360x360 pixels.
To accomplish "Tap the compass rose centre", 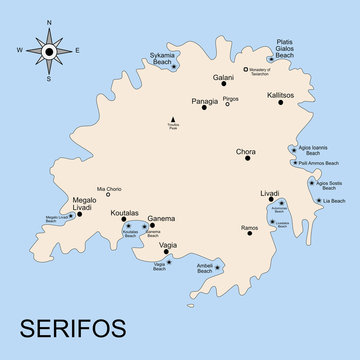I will [48, 49].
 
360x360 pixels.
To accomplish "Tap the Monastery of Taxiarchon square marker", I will [246, 70].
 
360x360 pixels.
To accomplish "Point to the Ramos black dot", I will [249, 234].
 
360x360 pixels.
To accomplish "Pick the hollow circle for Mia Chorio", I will [108, 194].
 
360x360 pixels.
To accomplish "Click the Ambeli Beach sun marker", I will [218, 266].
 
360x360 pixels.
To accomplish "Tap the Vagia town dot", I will [167, 252].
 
